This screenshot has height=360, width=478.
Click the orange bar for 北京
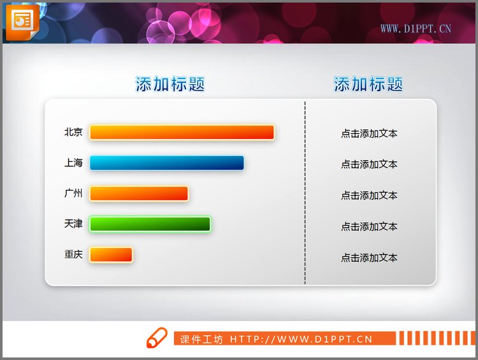pos(182,133)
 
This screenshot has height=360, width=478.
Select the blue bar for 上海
pos(166,163)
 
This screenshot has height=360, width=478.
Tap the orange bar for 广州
pos(139,194)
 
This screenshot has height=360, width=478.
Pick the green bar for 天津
pos(150,224)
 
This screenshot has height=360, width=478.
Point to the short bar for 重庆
pos(111,255)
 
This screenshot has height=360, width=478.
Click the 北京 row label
pos(73,133)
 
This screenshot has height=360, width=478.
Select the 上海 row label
pos(73,163)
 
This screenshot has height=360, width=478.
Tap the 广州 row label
pos(73,194)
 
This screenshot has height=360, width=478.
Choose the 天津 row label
pos(73,224)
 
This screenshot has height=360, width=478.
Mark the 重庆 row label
pos(73,255)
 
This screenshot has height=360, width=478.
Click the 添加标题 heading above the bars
pos(170,84)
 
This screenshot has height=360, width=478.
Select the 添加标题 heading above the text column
pos(368,84)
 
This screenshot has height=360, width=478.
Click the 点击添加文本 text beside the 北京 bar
pos(369,134)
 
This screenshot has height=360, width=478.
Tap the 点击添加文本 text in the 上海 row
pos(369,164)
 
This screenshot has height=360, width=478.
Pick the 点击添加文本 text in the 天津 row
pos(369,227)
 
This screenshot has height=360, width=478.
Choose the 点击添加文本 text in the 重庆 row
pos(369,258)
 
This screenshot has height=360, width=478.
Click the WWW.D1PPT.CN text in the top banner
pos(416,28)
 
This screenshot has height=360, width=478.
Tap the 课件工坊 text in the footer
pos(201,340)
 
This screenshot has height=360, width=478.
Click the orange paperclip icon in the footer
pos(156,338)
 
